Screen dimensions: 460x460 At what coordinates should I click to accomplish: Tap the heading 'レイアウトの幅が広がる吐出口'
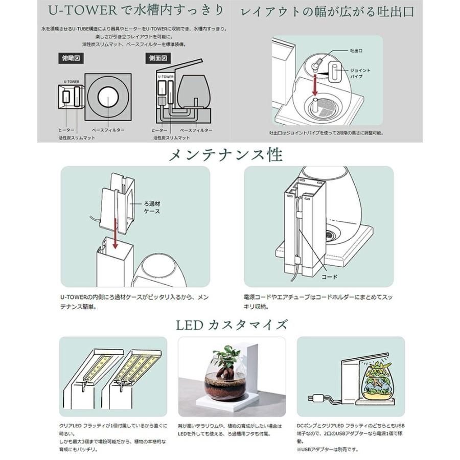point(327,11)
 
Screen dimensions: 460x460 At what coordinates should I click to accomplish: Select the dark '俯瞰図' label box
point(71,58)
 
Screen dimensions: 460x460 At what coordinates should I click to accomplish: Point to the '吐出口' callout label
point(356,52)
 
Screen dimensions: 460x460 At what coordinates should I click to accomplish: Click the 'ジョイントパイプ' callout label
point(360,73)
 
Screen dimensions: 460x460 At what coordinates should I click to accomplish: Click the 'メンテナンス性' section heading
point(229,154)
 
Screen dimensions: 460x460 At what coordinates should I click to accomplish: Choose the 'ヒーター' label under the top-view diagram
point(66,131)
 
